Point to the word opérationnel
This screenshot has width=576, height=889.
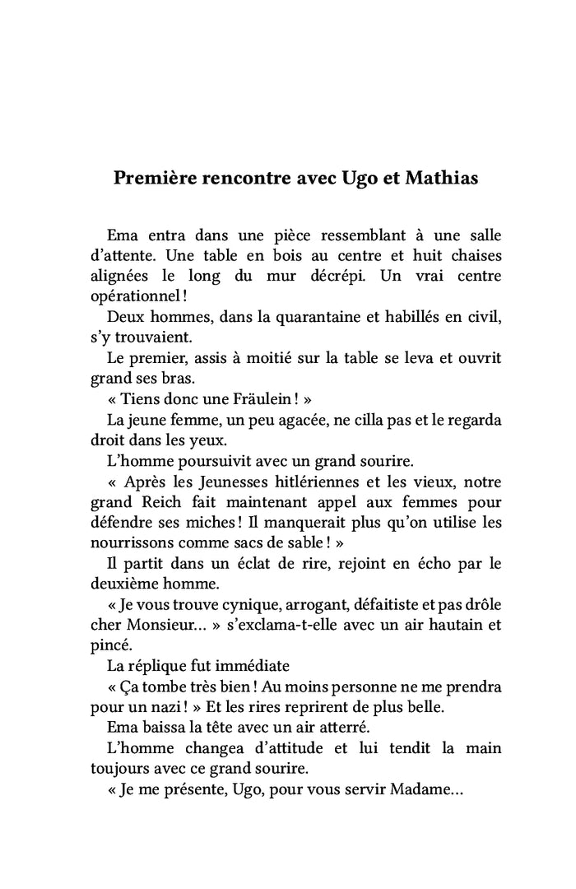(137, 296)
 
